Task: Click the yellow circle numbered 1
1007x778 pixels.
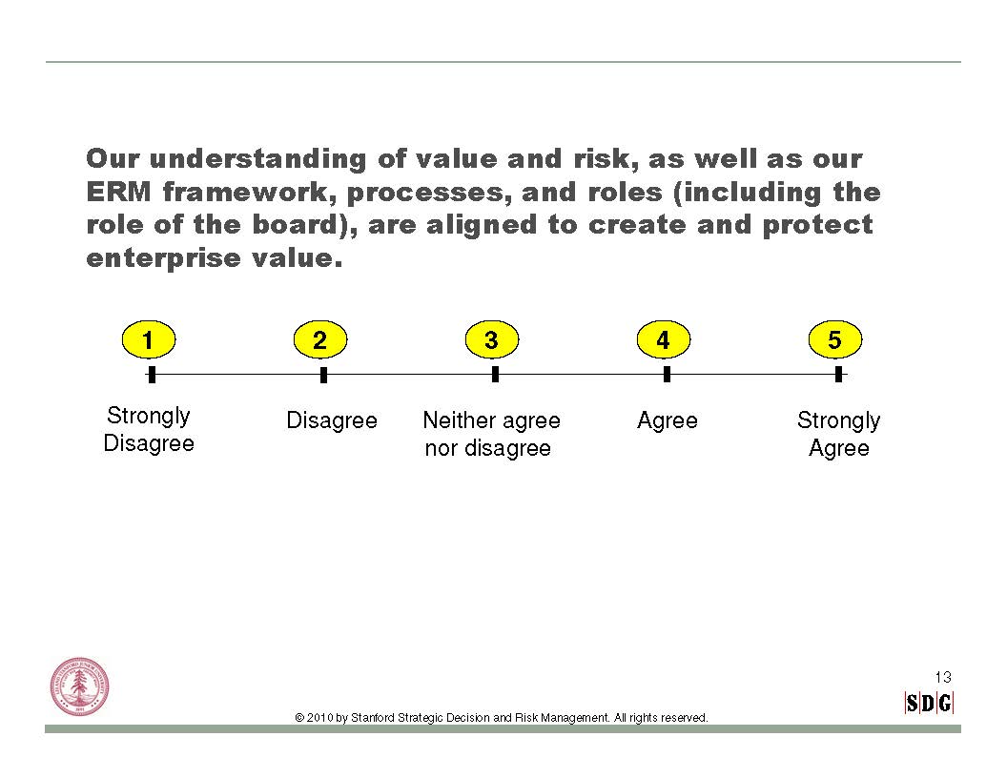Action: (149, 339)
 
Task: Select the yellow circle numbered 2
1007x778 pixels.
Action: (320, 339)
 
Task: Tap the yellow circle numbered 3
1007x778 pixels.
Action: (492, 339)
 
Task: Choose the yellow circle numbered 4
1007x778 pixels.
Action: (664, 339)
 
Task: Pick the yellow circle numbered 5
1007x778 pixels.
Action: (835, 339)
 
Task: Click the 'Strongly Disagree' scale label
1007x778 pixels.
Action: (149, 429)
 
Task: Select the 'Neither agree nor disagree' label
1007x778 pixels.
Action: (491, 434)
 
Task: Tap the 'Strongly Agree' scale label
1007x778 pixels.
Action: (839, 434)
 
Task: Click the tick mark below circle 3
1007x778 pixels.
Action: (495, 375)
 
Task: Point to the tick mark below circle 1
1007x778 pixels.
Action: (152, 375)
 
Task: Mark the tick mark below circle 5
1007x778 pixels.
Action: (839, 375)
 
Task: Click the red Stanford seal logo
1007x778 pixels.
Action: (80, 686)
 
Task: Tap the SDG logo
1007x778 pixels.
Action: (929, 703)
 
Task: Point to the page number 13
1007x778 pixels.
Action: (943, 677)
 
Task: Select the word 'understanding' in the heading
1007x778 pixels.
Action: (257, 159)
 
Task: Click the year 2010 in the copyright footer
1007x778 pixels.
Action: (319, 718)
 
